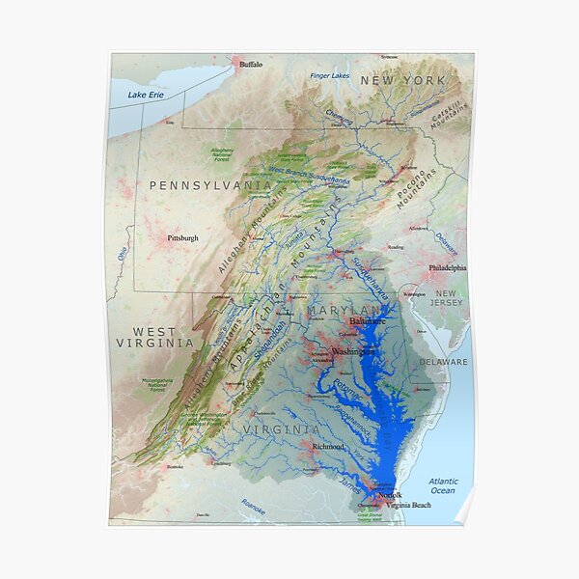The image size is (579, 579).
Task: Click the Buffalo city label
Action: [x=250, y=64]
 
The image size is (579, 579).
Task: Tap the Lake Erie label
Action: [x=146, y=95]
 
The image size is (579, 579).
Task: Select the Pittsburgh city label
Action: [x=182, y=237]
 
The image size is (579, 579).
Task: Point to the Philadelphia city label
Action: [x=447, y=268]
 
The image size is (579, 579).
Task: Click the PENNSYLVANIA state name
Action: [x=209, y=183]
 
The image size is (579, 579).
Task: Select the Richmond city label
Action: [x=328, y=447]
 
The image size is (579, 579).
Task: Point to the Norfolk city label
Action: [x=389, y=495]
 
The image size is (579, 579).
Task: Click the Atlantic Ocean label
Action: [x=444, y=485]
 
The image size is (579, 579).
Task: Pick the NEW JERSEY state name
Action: [x=447, y=297]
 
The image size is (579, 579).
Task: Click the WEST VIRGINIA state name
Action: [x=154, y=337]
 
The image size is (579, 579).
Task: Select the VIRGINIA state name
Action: [x=281, y=428]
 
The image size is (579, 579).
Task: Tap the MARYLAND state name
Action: [x=345, y=310]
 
